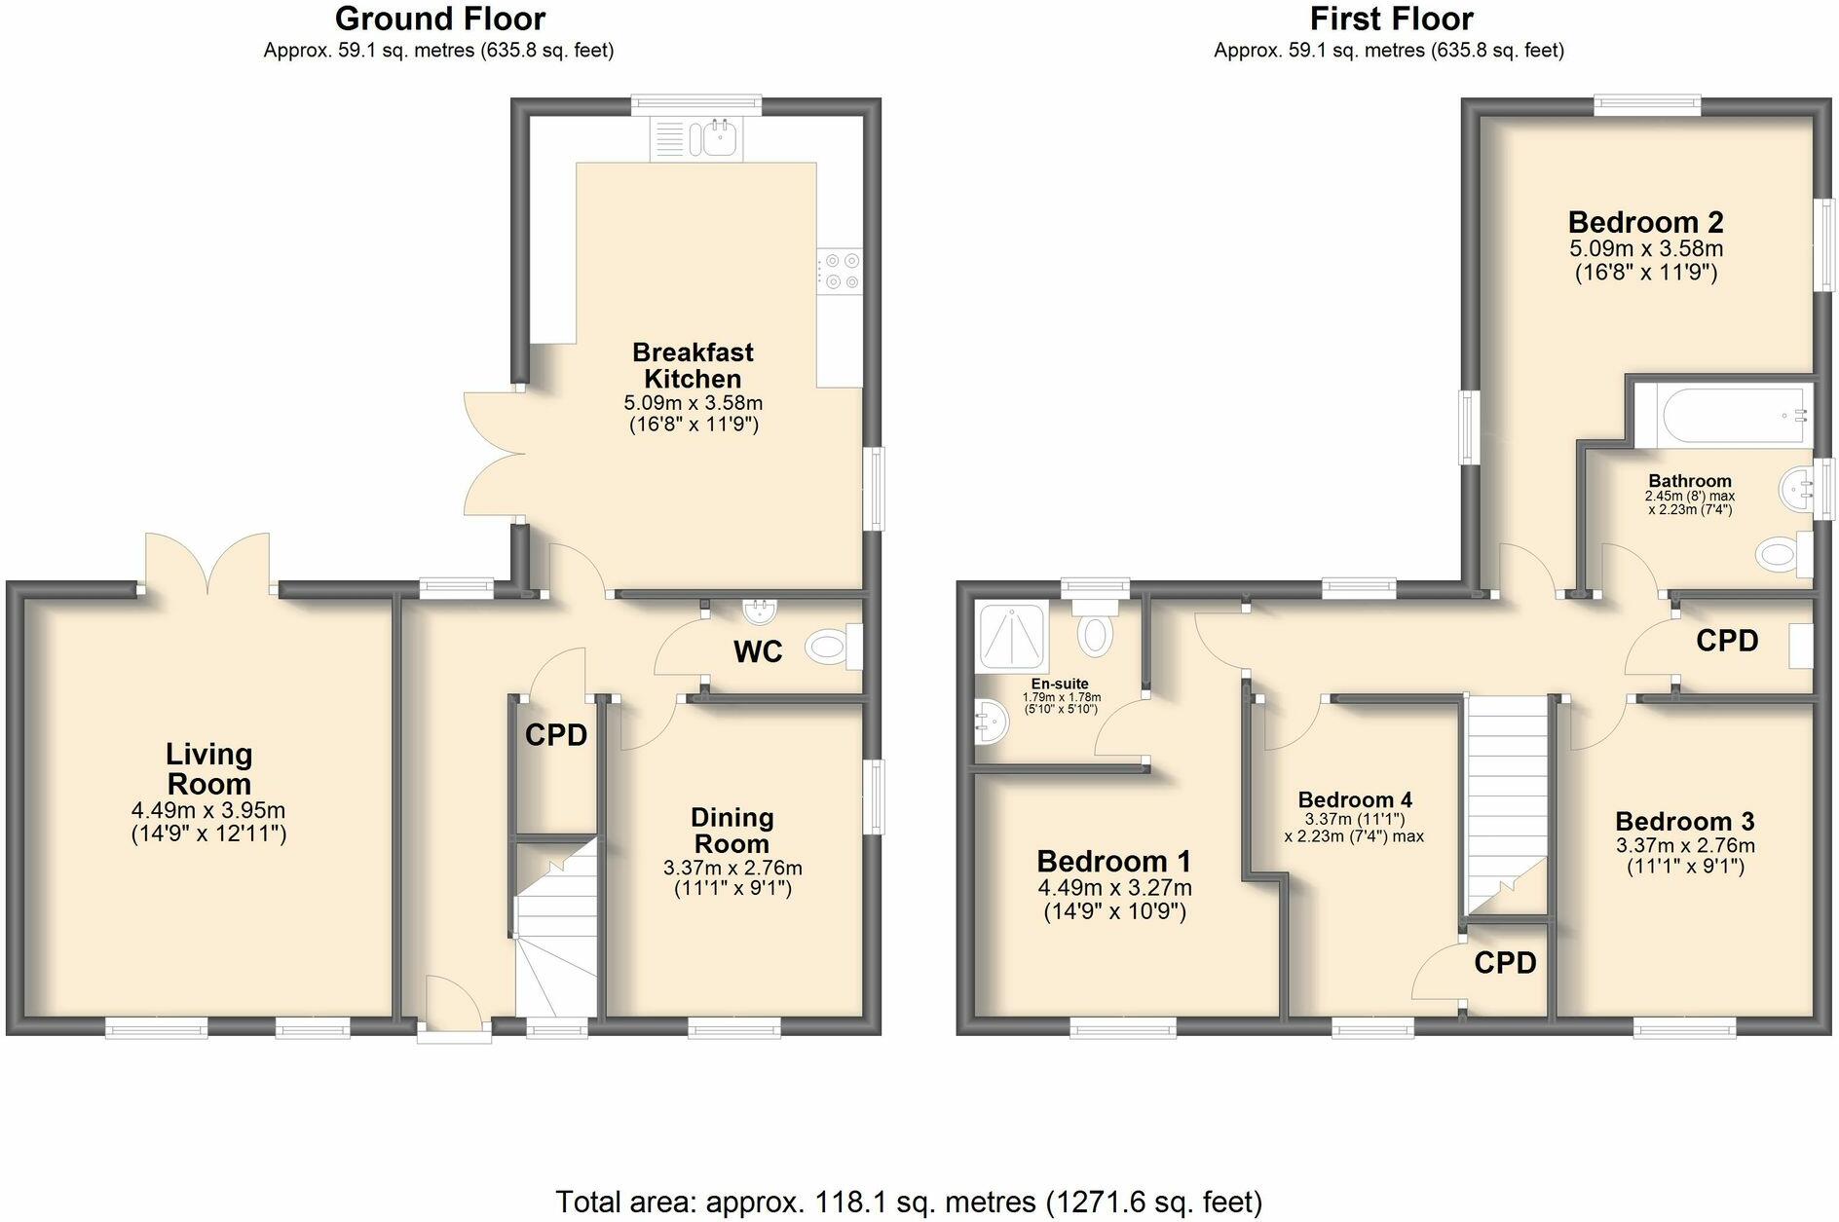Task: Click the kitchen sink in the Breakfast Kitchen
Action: (x=718, y=139)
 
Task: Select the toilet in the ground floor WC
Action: (x=827, y=647)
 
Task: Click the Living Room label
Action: (x=208, y=768)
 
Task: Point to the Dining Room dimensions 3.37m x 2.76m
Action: (x=732, y=868)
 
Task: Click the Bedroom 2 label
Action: (x=1645, y=222)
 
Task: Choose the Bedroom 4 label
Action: (x=1354, y=799)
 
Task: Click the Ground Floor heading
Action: (x=439, y=19)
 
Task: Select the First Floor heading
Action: (x=1391, y=19)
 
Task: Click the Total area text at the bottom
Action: (x=908, y=1202)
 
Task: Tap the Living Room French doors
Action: (x=207, y=566)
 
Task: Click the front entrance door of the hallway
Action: (x=454, y=1008)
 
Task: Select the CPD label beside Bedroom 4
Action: (x=1504, y=963)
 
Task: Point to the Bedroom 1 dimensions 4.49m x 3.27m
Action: (x=1114, y=888)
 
